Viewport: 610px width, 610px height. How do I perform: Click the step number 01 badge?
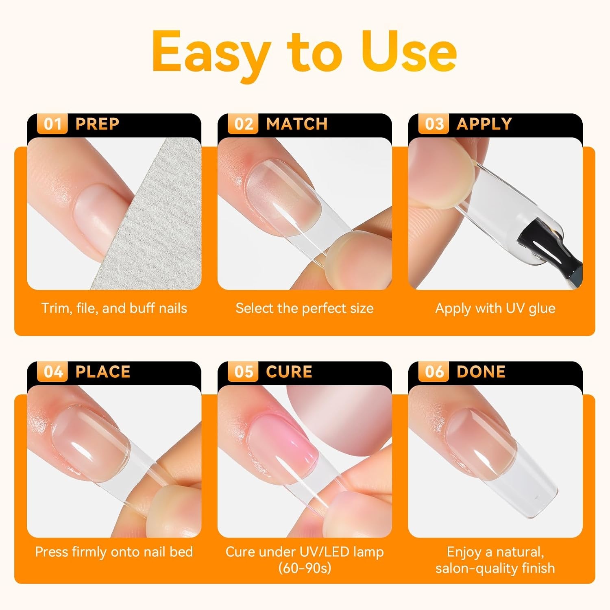coord(52,124)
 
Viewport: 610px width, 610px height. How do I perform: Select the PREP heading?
coord(97,124)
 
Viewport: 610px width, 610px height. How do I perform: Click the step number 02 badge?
coord(243,124)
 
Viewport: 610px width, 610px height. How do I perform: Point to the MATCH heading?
coord(296,124)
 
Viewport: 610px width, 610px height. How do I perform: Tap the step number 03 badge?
coord(434,124)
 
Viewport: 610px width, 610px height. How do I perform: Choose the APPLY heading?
coord(484,124)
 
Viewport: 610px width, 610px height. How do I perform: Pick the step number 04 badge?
coord(52,372)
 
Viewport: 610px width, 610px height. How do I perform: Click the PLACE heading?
coord(103,372)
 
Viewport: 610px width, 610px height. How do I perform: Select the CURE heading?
coord(289,372)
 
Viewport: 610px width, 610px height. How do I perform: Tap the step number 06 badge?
coord(434,372)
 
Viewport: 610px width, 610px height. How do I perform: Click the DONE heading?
coord(481,372)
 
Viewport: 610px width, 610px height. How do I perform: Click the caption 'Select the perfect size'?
coord(305,308)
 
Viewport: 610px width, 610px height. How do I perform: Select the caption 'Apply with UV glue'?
coord(495,308)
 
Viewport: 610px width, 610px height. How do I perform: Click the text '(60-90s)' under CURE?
coord(305,568)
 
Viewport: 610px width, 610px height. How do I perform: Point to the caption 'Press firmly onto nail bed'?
coord(114,552)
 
